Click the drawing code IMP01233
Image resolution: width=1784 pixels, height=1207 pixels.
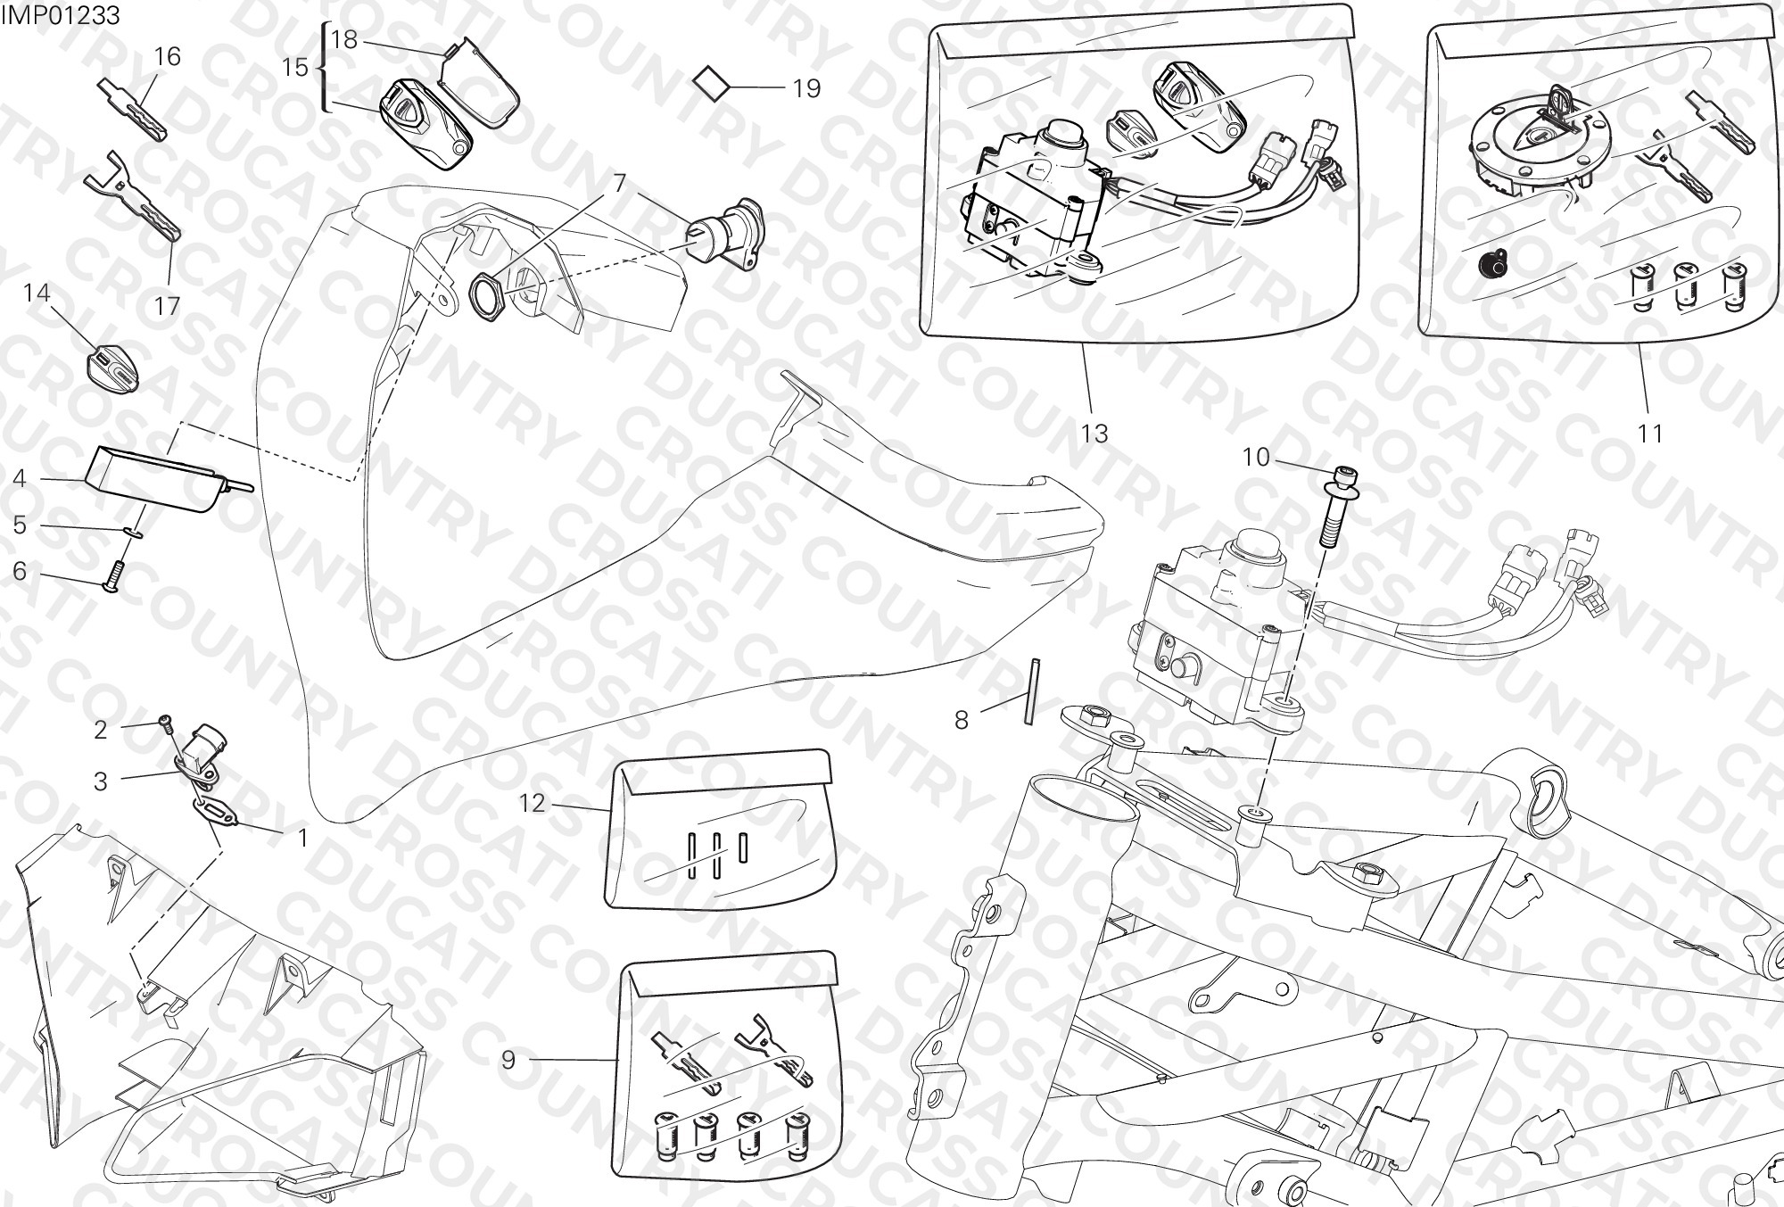(x=62, y=16)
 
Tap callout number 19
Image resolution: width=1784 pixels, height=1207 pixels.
(x=806, y=88)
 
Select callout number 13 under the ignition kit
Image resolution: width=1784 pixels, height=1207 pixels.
(x=1094, y=434)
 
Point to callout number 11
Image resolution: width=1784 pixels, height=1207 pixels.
(x=1651, y=434)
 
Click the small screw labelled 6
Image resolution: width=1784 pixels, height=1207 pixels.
(x=114, y=574)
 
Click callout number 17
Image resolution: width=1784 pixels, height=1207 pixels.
(x=167, y=306)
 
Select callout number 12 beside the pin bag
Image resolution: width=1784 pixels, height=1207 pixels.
(x=532, y=804)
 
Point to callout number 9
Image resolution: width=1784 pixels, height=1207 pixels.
(x=508, y=1060)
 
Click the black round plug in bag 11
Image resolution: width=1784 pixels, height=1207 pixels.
(x=1491, y=264)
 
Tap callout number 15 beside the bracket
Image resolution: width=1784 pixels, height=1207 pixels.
(x=295, y=67)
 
